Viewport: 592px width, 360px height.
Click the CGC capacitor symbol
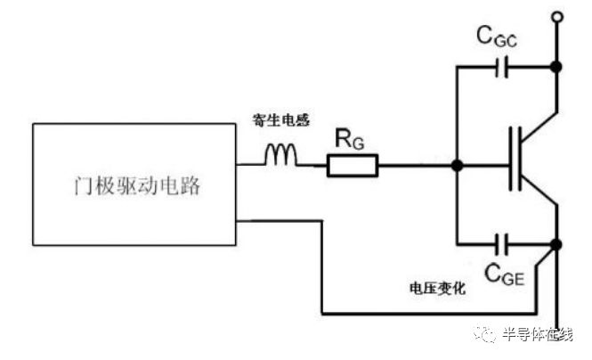[x=502, y=67]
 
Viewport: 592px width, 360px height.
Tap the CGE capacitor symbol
[x=502, y=244]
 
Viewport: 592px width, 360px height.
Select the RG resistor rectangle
[x=353, y=165]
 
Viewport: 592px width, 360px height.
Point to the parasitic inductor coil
[x=280, y=155]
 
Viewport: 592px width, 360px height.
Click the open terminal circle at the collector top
[x=557, y=17]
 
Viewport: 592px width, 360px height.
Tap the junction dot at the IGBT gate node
[x=457, y=165]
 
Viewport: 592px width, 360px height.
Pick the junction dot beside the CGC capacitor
[x=556, y=67]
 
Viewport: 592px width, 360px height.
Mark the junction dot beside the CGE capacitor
[x=556, y=244]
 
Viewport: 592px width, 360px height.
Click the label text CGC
[x=497, y=37]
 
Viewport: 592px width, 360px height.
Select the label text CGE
[x=505, y=274]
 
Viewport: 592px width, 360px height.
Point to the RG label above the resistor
[x=350, y=139]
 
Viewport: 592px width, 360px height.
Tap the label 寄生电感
[x=281, y=120]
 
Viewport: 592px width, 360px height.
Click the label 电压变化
[x=438, y=289]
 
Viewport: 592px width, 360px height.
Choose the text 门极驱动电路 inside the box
[x=137, y=185]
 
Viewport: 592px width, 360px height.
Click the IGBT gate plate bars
[x=515, y=159]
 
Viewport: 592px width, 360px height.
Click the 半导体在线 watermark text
[x=538, y=335]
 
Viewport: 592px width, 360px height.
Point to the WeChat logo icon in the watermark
[x=485, y=334]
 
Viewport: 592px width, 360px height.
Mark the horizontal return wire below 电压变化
[x=429, y=314]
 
